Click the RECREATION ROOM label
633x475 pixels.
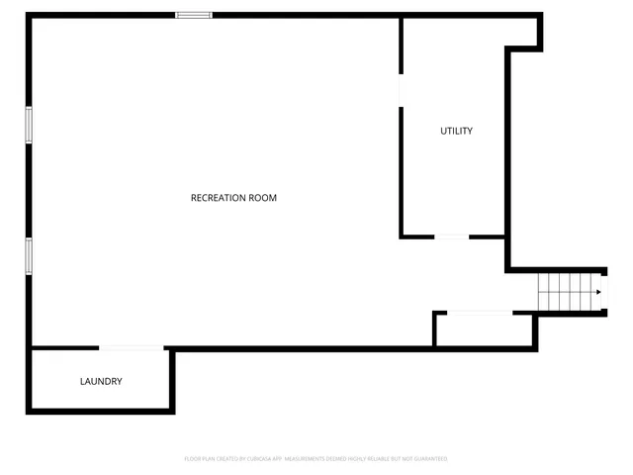[x=233, y=198]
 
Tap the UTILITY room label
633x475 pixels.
[x=456, y=131]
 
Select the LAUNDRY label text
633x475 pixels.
[x=101, y=381]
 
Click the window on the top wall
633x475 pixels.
[x=194, y=15]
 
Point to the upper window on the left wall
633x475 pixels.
[x=30, y=126]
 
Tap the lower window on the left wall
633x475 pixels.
[x=30, y=255]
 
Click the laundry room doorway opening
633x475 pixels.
[x=131, y=347]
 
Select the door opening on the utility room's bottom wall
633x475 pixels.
[x=452, y=237]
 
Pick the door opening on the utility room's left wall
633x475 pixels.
[x=401, y=89]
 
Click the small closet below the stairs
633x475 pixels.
[x=485, y=331]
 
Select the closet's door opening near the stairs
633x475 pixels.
[x=480, y=314]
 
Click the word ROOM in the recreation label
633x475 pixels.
[x=263, y=198]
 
